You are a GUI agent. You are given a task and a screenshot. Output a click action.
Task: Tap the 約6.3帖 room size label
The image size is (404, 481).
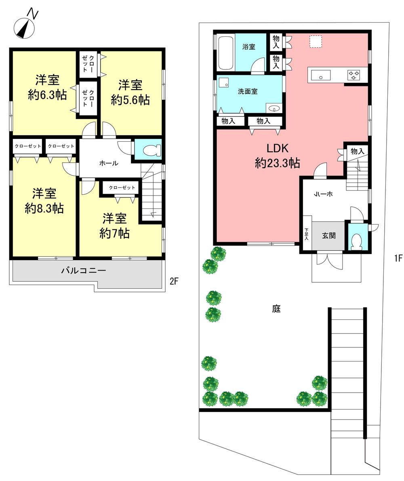click(x=47, y=95)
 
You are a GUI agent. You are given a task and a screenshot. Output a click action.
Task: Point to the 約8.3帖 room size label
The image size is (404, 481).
click(x=44, y=208)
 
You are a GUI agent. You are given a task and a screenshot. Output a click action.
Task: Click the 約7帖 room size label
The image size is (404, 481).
click(x=114, y=233)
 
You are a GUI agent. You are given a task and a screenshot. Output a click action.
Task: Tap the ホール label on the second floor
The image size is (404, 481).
click(x=109, y=164)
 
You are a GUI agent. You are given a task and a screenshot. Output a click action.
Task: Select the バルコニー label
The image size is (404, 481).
click(x=84, y=271)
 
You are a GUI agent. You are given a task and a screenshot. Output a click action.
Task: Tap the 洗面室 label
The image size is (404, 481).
click(x=248, y=92)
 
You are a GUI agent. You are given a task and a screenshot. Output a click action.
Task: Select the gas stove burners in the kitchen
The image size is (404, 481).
click(x=354, y=75)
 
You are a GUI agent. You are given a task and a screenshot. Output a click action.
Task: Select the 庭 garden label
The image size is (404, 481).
click(x=276, y=309)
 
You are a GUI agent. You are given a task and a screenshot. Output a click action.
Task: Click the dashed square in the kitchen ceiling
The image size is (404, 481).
click(x=315, y=42)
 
